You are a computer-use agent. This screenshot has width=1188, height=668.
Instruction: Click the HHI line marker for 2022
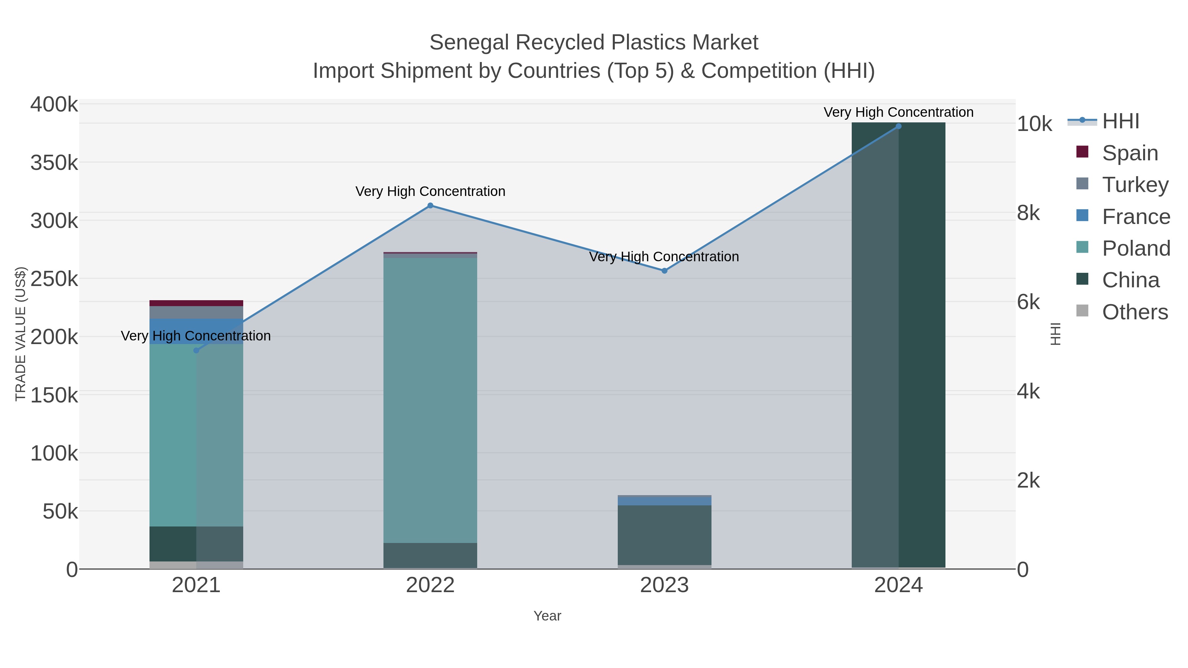[x=430, y=206]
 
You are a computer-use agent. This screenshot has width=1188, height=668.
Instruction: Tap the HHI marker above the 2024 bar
[x=898, y=126]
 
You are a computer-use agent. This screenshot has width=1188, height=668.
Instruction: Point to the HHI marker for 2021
[x=196, y=350]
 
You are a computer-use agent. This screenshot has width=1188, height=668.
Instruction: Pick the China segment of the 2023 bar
[x=664, y=535]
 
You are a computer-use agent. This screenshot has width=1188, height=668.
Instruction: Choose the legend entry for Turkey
[x=1135, y=185]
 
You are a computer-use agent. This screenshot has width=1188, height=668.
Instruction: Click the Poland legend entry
[x=1136, y=248]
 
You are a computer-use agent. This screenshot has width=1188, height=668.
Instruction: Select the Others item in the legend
[x=1135, y=312]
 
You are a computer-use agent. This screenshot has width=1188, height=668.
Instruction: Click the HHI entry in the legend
[x=1120, y=121]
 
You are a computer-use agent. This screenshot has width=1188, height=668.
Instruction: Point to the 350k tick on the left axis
[x=54, y=163]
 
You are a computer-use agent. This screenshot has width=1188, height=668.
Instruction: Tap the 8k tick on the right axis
[x=1028, y=213]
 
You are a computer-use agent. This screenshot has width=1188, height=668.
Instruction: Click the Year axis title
[x=547, y=616]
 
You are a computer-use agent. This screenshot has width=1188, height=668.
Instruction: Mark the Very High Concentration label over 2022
[x=430, y=191]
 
